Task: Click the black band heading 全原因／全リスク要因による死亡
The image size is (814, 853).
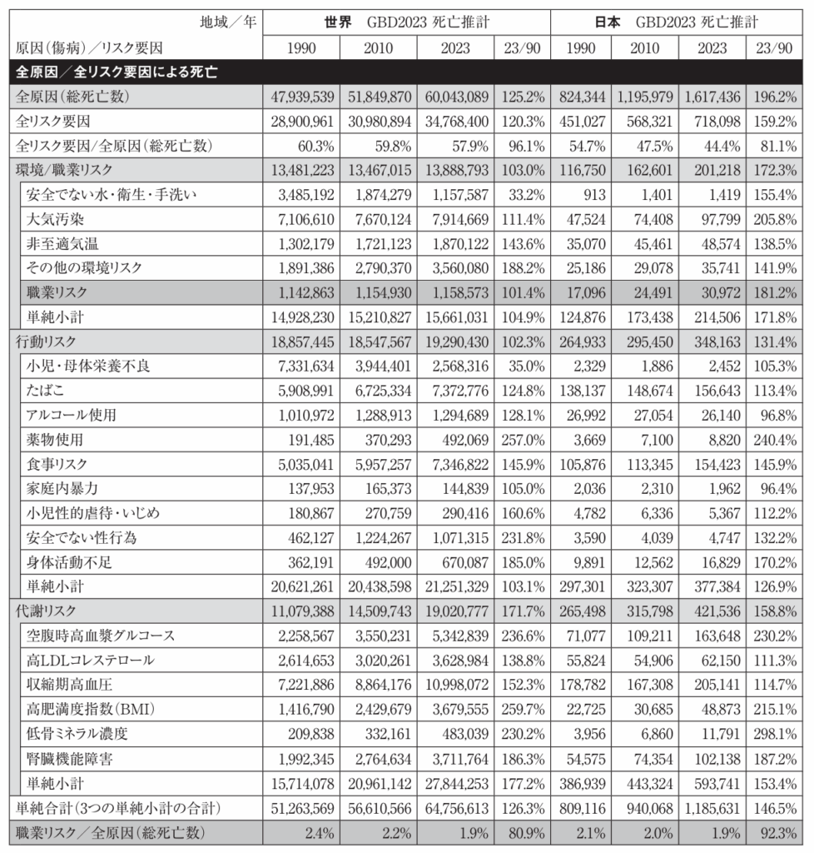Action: click(117, 72)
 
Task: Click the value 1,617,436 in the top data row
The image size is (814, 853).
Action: click(709, 97)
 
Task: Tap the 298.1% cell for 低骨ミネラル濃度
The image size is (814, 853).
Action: click(772, 734)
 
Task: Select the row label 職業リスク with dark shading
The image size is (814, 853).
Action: click(57, 292)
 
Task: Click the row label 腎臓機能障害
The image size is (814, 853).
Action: click(67, 759)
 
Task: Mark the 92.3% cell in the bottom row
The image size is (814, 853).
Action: click(774, 832)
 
